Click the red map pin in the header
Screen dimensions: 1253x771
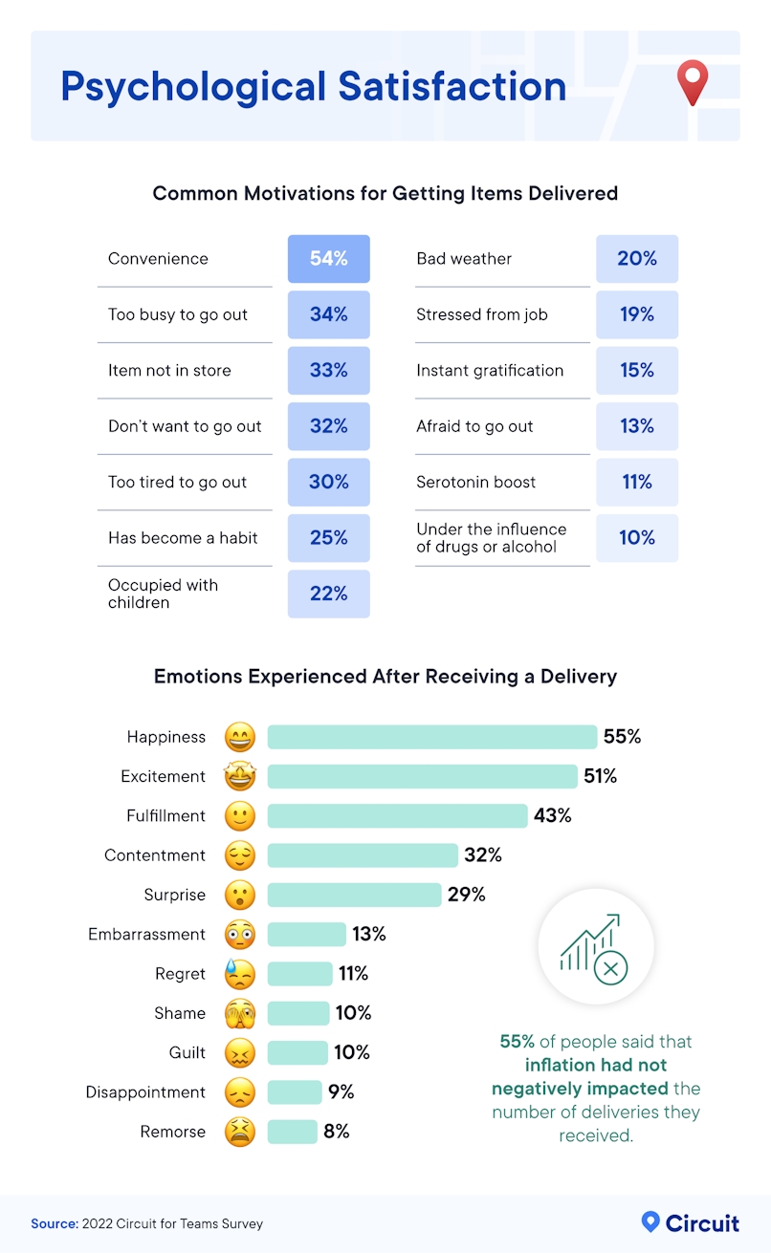click(692, 82)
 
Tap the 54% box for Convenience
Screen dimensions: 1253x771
click(328, 259)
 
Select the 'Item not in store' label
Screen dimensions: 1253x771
click(169, 371)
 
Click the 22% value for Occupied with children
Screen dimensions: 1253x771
click(328, 594)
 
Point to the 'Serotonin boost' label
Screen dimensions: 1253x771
click(476, 483)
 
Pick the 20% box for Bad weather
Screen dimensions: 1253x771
click(637, 259)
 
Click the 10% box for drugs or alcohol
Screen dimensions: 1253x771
click(637, 538)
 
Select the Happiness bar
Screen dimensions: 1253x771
click(431, 737)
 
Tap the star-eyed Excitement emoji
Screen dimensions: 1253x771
click(240, 777)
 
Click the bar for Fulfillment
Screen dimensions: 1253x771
click(397, 816)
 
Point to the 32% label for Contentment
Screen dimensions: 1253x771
click(482, 855)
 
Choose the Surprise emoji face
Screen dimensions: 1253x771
click(240, 896)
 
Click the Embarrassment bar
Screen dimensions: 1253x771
click(306, 935)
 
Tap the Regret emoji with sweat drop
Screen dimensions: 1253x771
click(240, 974)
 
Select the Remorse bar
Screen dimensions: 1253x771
click(292, 1132)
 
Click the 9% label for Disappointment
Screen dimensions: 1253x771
click(341, 1092)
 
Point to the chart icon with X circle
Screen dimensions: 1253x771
click(595, 947)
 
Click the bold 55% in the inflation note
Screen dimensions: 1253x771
click(518, 1041)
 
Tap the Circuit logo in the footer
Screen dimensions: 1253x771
click(690, 1223)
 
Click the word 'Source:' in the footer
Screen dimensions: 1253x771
click(53, 1224)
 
